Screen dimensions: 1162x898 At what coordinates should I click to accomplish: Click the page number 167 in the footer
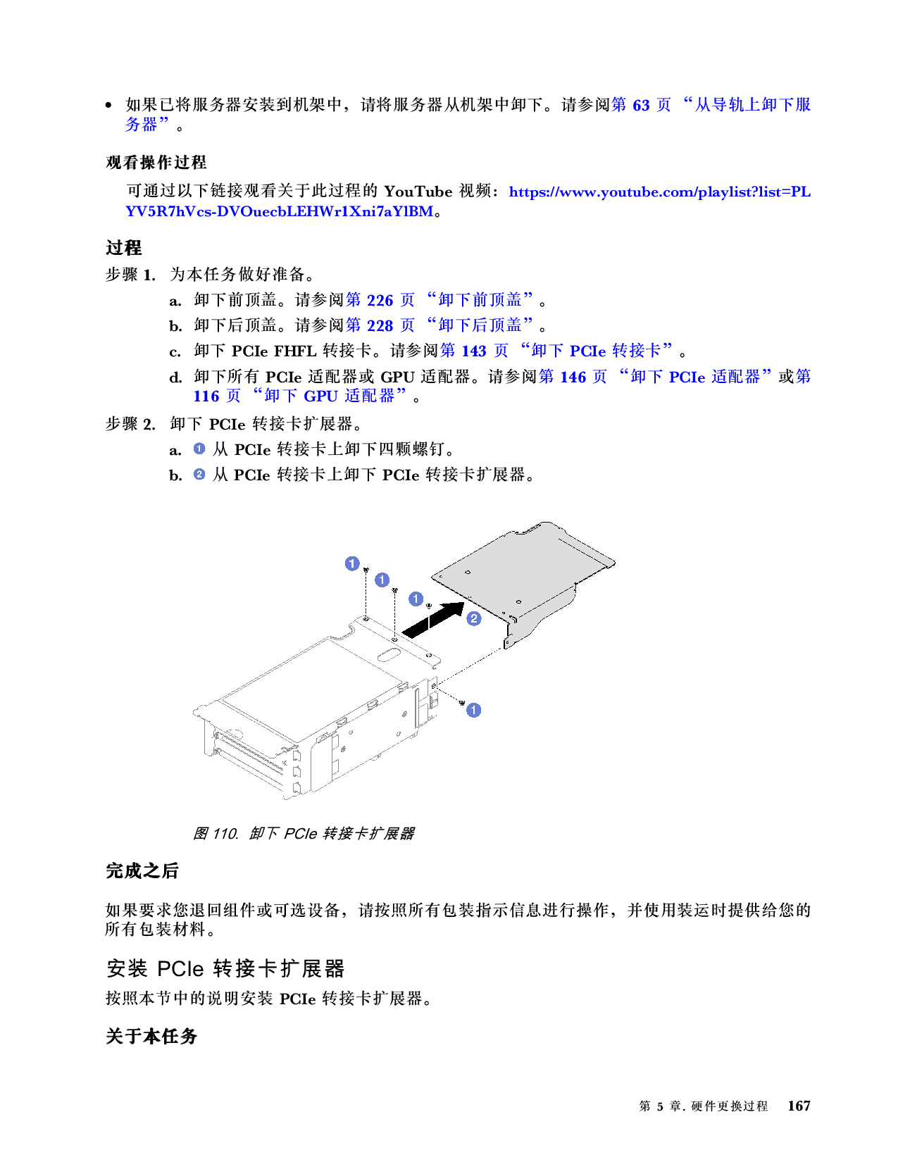pyautogui.click(x=799, y=1106)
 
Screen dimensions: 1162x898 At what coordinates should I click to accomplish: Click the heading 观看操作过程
pyautogui.click(x=156, y=163)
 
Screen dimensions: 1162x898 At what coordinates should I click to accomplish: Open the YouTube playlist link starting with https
pyautogui.click(x=659, y=192)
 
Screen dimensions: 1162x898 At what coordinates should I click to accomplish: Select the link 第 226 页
pyautogui.click(x=380, y=300)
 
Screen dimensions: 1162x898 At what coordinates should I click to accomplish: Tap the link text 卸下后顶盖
pyautogui.click(x=480, y=325)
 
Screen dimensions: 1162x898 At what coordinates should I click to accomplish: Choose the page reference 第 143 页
pyautogui.click(x=474, y=351)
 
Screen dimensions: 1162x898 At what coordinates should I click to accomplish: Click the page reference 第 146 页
pyautogui.click(x=573, y=377)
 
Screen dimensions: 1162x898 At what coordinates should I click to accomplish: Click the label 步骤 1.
pyautogui.click(x=130, y=275)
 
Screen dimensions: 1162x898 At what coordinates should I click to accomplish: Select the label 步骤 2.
pyautogui.click(x=130, y=424)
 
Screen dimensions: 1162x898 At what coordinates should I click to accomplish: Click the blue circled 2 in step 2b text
pyautogui.click(x=199, y=475)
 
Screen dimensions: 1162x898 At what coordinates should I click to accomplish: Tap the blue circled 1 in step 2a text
pyautogui.click(x=199, y=449)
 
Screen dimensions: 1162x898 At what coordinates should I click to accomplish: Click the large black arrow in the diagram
pyautogui.click(x=433, y=620)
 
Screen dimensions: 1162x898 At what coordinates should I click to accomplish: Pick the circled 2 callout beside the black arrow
pyautogui.click(x=474, y=618)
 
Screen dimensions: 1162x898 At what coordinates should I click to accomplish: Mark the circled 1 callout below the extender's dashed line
pyautogui.click(x=474, y=710)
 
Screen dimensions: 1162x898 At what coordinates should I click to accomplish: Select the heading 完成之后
pyautogui.click(x=142, y=871)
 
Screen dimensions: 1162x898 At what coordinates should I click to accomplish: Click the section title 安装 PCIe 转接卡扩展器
pyautogui.click(x=225, y=969)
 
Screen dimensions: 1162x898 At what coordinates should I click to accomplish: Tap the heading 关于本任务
pyautogui.click(x=151, y=1037)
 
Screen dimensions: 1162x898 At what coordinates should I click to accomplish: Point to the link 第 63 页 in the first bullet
pyautogui.click(x=641, y=105)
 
